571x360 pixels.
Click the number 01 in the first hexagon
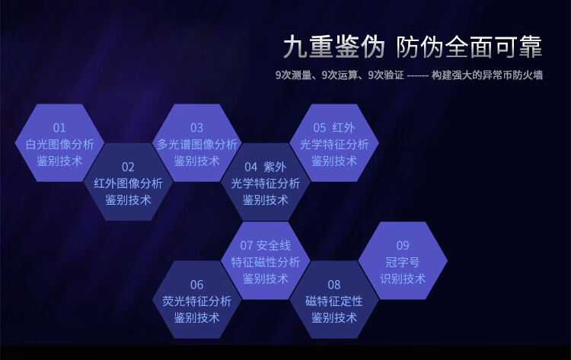pyautogui.click(x=59, y=128)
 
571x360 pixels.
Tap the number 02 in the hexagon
pyautogui.click(x=128, y=167)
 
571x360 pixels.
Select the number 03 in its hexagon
pyautogui.click(x=196, y=128)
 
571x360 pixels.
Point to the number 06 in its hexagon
pyautogui.click(x=196, y=285)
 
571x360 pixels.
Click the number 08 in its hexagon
pyautogui.click(x=334, y=285)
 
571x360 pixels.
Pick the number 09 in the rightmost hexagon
pyautogui.click(x=403, y=245)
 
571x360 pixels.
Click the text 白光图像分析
pyautogui.click(x=59, y=145)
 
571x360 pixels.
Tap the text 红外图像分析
pyautogui.click(x=128, y=183)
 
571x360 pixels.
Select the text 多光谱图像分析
pyautogui.click(x=196, y=145)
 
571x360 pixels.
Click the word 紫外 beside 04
pyautogui.click(x=275, y=167)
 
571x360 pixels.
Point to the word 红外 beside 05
pyautogui.click(x=343, y=128)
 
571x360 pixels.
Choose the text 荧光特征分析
pyautogui.click(x=196, y=301)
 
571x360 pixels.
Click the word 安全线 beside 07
pyautogui.click(x=273, y=245)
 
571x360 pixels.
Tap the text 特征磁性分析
pyautogui.click(x=266, y=262)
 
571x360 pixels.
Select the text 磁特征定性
pyautogui.click(x=334, y=301)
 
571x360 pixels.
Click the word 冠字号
pyautogui.click(x=403, y=262)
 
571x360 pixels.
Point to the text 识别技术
pyautogui.click(x=403, y=279)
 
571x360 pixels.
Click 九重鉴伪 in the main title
pyautogui.click(x=334, y=47)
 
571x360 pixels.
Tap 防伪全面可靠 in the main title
pyautogui.click(x=469, y=47)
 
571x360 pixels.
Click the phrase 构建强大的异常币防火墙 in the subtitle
pyautogui.click(x=487, y=75)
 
